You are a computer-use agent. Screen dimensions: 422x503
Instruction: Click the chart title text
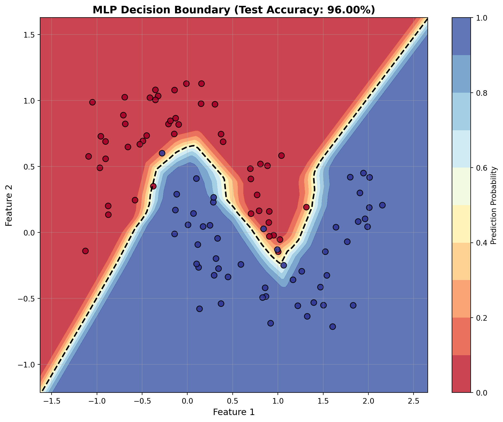click(x=234, y=10)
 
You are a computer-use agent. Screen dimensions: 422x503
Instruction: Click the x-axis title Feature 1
click(x=234, y=412)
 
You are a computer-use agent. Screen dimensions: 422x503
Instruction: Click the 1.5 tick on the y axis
click(x=29, y=35)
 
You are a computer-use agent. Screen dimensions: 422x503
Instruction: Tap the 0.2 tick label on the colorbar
click(x=479, y=318)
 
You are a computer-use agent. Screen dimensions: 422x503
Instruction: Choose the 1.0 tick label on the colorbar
click(x=479, y=18)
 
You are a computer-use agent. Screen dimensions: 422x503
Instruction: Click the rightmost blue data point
click(x=382, y=205)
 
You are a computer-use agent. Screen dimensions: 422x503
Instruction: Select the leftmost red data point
click(x=86, y=251)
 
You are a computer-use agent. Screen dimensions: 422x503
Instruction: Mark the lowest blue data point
click(x=332, y=327)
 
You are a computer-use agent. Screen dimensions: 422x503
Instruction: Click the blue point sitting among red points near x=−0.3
click(x=162, y=153)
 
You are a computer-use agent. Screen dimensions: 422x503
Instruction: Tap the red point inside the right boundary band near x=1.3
click(x=306, y=207)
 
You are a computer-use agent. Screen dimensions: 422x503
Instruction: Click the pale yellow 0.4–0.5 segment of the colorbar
click(x=461, y=224)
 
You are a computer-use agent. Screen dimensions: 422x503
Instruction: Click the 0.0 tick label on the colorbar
click(x=479, y=392)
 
